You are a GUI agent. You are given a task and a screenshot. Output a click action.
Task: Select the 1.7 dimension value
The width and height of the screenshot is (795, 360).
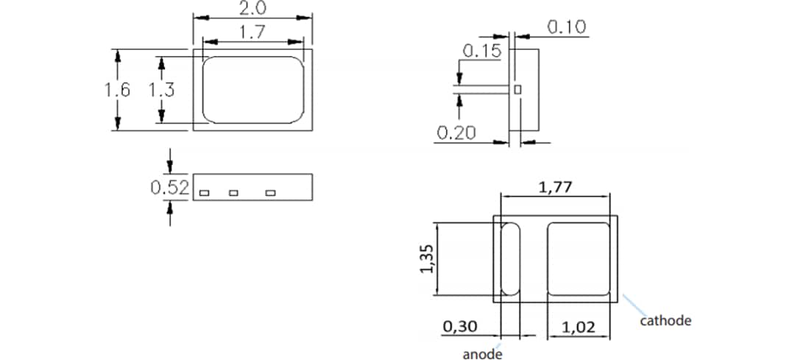tap(252, 32)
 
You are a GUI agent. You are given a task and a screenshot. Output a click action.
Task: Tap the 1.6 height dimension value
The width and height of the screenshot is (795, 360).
tap(117, 90)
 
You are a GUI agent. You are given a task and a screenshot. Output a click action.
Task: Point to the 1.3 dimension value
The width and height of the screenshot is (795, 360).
tap(161, 90)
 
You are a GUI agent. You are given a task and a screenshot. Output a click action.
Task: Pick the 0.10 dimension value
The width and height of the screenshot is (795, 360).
tap(566, 27)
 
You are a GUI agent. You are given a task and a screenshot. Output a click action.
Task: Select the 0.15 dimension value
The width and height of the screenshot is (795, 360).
tap(481, 51)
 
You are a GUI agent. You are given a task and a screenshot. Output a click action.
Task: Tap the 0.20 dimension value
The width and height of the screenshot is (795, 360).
tap(456, 133)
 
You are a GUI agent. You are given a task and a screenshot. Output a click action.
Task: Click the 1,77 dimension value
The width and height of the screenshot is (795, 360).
tap(555, 188)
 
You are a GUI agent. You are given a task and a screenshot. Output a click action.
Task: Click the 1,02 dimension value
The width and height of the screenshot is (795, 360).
tap(577, 326)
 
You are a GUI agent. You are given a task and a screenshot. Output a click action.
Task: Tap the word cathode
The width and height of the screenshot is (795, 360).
tap(665, 320)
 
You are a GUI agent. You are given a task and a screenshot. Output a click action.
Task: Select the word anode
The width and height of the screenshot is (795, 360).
tap(482, 354)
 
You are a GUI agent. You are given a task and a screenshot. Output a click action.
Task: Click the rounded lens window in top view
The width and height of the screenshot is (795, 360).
tap(252, 90)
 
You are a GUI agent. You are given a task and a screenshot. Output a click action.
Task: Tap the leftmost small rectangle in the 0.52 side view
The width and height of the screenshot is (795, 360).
tap(205, 193)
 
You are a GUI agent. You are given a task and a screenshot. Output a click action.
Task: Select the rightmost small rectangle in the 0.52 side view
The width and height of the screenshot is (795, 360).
tap(270, 193)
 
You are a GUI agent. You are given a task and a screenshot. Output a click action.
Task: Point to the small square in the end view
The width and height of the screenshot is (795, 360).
tap(517, 88)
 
